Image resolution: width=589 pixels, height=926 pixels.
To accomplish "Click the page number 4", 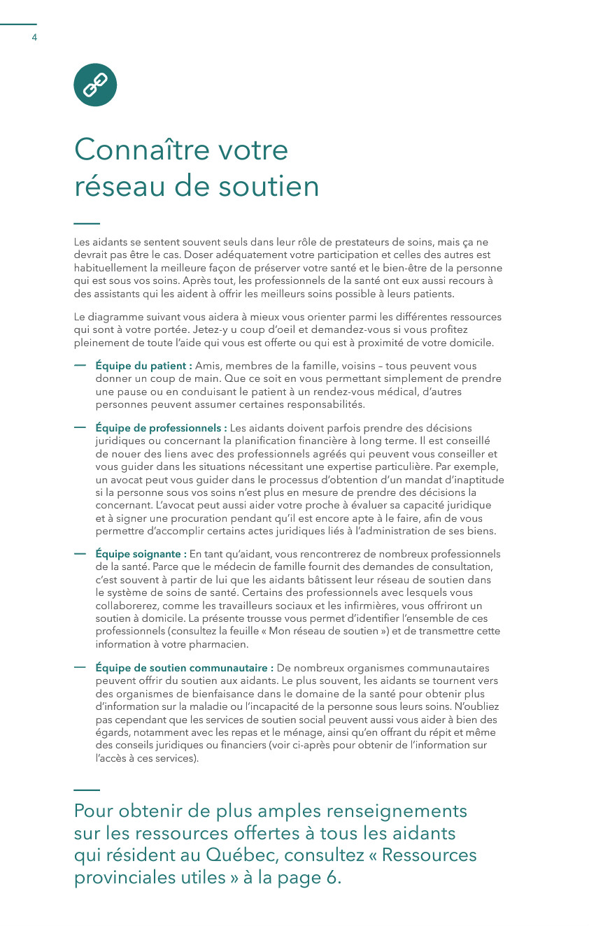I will (34, 37).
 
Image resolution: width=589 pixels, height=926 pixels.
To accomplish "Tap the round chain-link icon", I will (95, 85).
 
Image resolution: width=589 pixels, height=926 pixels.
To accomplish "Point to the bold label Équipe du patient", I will (143, 366).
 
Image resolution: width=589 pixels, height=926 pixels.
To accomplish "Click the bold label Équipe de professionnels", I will (160, 428).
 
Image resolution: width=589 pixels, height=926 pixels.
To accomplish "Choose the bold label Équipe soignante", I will (141, 555).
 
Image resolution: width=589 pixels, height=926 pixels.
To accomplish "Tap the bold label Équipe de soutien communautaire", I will (184, 668).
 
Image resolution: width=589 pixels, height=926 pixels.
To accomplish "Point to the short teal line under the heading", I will (87, 224).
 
